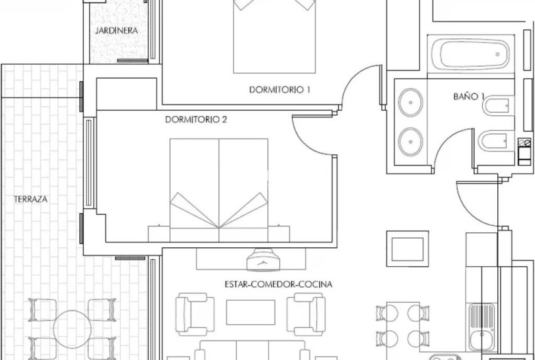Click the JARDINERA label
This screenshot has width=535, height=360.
116,30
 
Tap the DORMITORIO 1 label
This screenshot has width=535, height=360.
280,89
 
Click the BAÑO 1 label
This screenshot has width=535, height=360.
469,96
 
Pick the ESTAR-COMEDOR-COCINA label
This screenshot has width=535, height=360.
278,284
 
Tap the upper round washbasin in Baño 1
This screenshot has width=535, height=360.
412,99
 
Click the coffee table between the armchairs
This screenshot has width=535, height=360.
250,312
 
